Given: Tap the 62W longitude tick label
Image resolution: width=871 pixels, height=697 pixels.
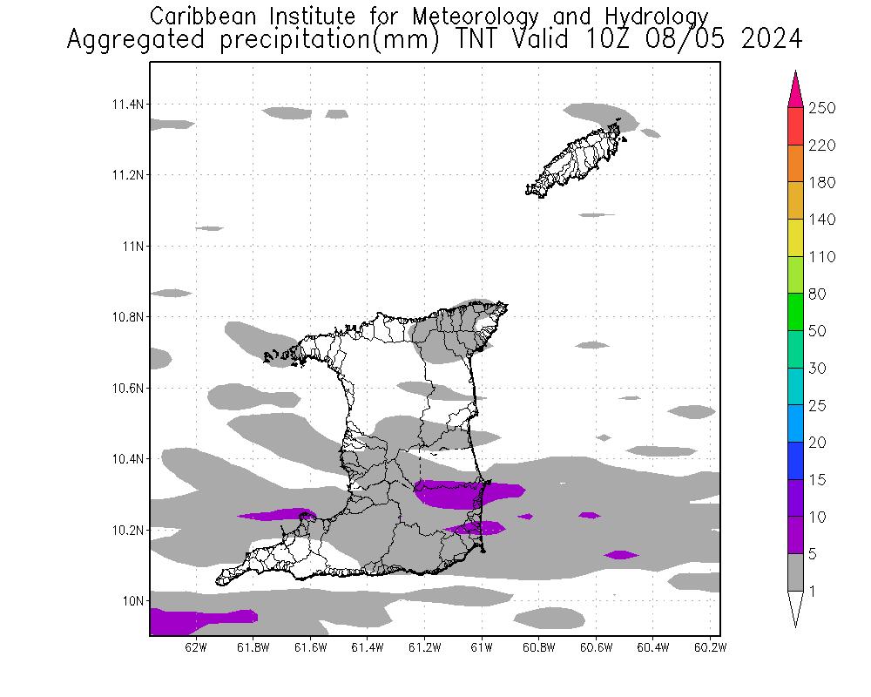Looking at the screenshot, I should [197, 647].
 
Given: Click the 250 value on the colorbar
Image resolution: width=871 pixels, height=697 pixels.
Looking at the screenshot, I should [822, 108].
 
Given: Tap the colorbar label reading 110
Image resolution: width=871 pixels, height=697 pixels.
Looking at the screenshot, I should [822, 257].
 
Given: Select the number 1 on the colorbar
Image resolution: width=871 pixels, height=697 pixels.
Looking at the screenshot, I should [814, 592].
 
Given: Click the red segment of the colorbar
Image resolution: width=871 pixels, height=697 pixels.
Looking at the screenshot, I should [795, 126].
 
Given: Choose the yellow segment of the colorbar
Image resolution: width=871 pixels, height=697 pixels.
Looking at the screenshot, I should [795, 238].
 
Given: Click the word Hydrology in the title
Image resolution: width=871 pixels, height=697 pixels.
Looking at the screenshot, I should [664, 16].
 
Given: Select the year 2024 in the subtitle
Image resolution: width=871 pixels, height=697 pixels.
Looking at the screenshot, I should [772, 39].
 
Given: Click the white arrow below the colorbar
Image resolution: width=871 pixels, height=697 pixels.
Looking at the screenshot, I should [795, 609].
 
